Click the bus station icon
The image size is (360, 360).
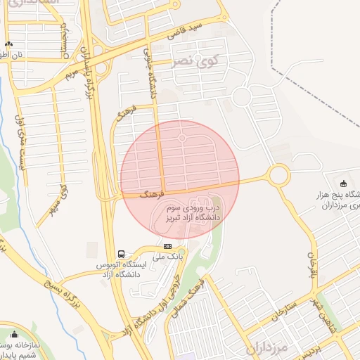122,254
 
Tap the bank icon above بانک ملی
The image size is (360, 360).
167,246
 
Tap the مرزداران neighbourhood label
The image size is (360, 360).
268,348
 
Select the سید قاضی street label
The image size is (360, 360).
185,31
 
